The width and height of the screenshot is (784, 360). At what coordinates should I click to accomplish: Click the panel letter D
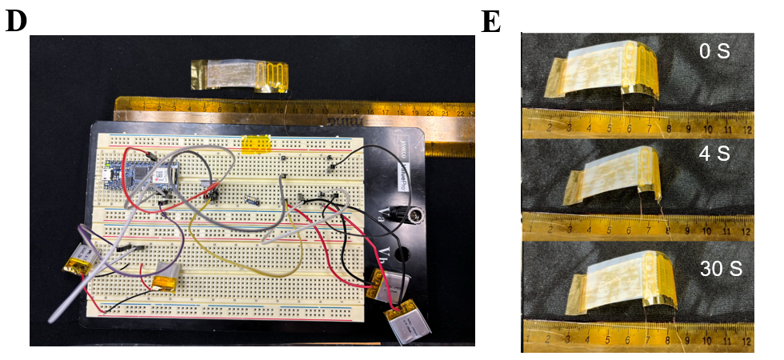click(15, 22)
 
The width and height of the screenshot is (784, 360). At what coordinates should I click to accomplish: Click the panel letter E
click(490, 22)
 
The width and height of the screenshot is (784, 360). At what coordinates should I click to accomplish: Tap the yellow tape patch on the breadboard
click(256, 145)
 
